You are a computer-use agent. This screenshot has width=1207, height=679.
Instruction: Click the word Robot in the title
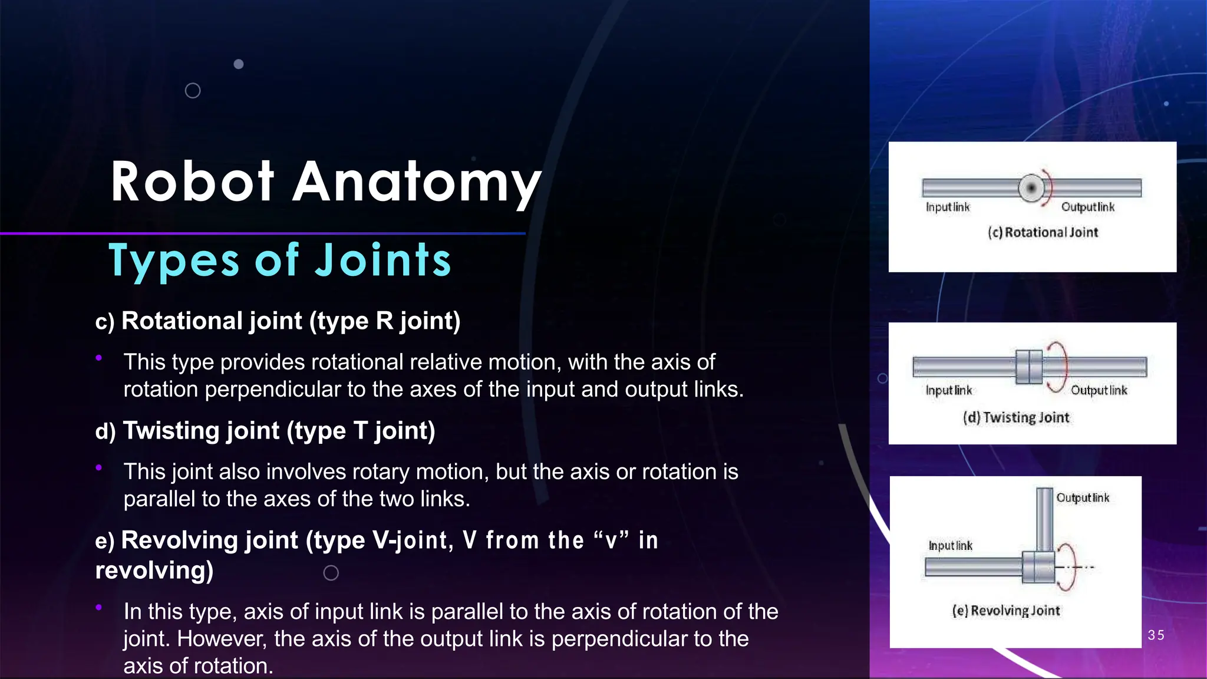click(192, 182)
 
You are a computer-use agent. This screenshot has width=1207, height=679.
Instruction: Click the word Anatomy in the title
click(417, 184)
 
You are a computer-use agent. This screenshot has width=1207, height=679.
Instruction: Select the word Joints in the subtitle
click(383, 261)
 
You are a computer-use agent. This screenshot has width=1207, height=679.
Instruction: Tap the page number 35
click(1156, 635)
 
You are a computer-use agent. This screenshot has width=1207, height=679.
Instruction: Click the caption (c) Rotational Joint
click(1043, 232)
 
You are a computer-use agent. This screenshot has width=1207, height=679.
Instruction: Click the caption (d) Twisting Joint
click(1016, 417)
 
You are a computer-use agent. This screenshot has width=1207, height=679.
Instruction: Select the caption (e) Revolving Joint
click(1006, 611)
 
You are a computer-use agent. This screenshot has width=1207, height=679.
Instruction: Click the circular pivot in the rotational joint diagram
click(1031, 188)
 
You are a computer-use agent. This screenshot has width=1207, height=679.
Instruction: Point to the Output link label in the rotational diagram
click(1087, 207)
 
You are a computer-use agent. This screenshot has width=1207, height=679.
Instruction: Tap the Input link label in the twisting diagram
click(948, 390)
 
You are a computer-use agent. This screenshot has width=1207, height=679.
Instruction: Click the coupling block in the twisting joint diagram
click(1029, 367)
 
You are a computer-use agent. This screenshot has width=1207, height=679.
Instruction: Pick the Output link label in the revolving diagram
click(1082, 498)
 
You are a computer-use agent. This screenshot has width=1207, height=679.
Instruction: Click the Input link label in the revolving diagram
click(950, 546)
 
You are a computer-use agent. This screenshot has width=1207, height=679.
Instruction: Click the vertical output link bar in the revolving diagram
click(1044, 519)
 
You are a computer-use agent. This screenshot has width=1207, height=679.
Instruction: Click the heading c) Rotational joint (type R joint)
click(278, 321)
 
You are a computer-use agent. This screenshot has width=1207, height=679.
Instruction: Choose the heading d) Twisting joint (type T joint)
click(265, 431)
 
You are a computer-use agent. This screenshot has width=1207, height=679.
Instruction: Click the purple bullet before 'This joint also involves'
click(99, 467)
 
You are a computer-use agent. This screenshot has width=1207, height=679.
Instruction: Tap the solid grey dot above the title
click(239, 64)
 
